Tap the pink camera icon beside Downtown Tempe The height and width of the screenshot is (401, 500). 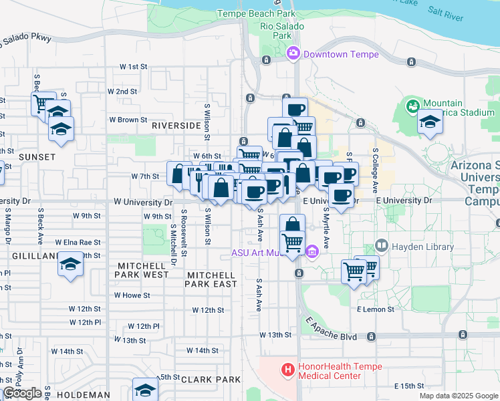pos(293,53)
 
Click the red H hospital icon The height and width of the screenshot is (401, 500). pos(287,369)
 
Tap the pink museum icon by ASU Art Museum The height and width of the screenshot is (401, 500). pos(311,252)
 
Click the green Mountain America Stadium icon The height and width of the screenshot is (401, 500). pos(412,104)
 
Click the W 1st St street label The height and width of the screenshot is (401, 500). pos(133,67)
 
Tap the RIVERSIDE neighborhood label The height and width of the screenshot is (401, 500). pos(176,125)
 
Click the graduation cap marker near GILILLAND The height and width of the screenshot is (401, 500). pos(70,263)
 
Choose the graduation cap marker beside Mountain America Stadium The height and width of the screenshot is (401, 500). pos(430,122)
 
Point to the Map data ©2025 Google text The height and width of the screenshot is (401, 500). pos(459,396)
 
